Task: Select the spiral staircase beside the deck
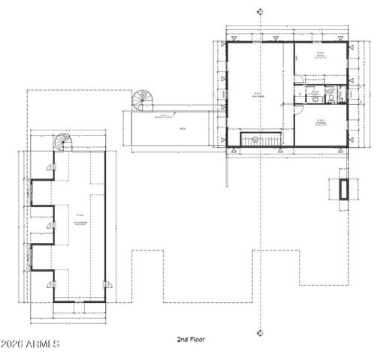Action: [x=140, y=100]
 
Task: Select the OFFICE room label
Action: [x=320, y=55]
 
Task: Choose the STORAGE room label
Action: [x=320, y=121]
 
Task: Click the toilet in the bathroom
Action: [x=317, y=96]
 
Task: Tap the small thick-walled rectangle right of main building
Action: [x=344, y=189]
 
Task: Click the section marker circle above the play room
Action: [x=260, y=11]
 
